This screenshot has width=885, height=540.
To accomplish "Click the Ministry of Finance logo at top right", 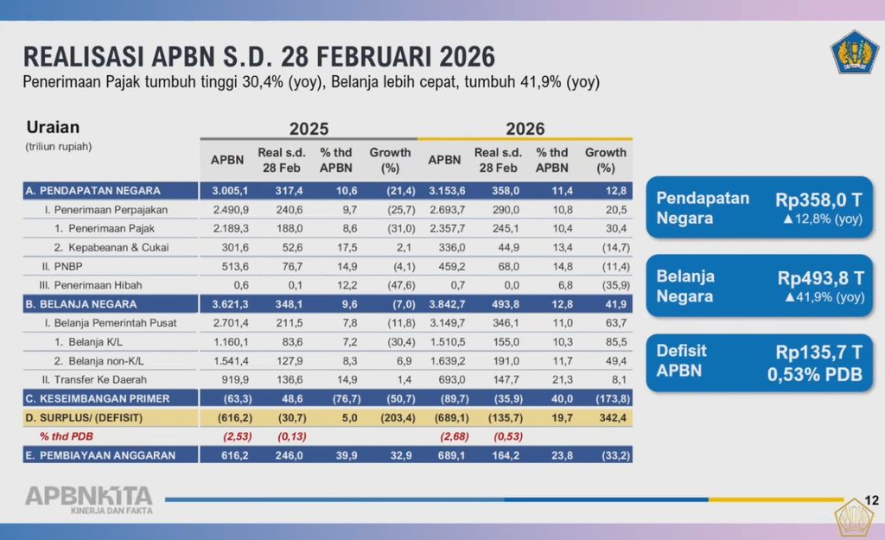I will [855, 52].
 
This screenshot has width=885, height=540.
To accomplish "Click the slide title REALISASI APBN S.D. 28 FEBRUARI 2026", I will [258, 57].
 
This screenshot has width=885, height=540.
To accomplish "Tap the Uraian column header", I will [53, 127].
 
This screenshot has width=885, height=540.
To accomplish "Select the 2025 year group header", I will [309, 129].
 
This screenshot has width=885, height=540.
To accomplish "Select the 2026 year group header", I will [525, 129].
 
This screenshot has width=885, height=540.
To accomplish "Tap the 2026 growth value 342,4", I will [606, 417].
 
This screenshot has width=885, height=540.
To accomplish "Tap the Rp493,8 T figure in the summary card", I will [820, 277].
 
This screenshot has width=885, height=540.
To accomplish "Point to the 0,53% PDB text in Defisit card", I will [814, 375].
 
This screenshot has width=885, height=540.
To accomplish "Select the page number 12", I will [871, 501].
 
